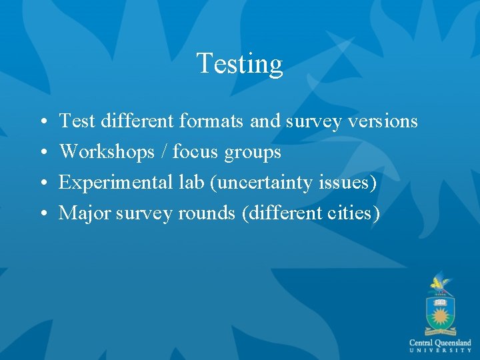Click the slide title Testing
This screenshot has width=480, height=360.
click(239, 64)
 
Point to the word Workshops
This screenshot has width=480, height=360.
click(107, 152)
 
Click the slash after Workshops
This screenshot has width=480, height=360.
click(164, 152)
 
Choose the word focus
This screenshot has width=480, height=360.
click(196, 152)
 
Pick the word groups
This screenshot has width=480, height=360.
click(253, 153)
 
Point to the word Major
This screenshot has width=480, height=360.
click(84, 213)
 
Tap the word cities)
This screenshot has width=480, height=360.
click(355, 213)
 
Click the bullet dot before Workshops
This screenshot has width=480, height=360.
click(42, 153)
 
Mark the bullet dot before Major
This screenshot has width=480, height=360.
click(42, 214)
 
